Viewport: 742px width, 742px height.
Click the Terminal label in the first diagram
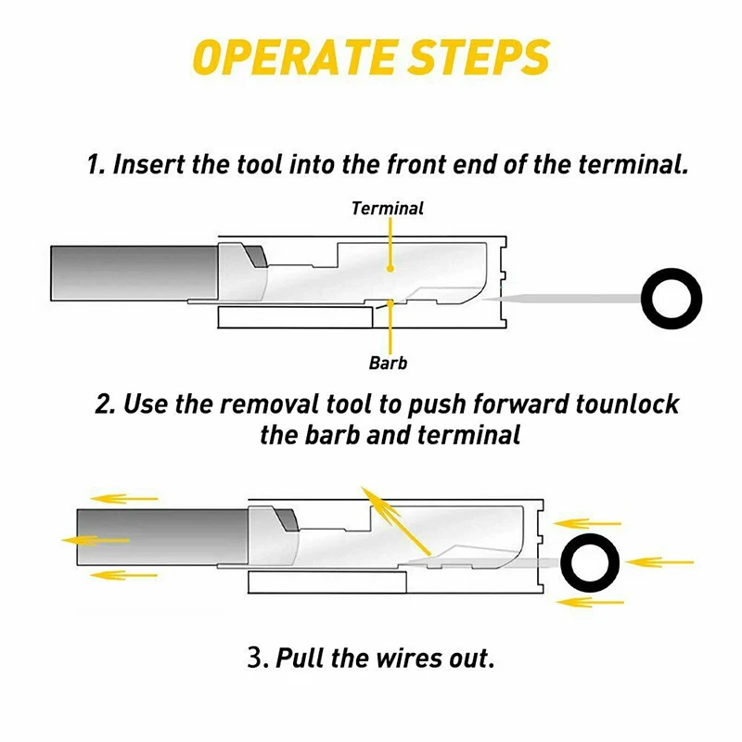coord(388,209)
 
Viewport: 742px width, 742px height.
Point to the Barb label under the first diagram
coord(388,363)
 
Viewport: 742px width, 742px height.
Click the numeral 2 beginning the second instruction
coord(104,405)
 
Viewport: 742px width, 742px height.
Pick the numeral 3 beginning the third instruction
coord(255,659)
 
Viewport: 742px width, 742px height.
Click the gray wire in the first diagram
coord(130,273)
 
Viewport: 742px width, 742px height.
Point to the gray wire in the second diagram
coord(158,539)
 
